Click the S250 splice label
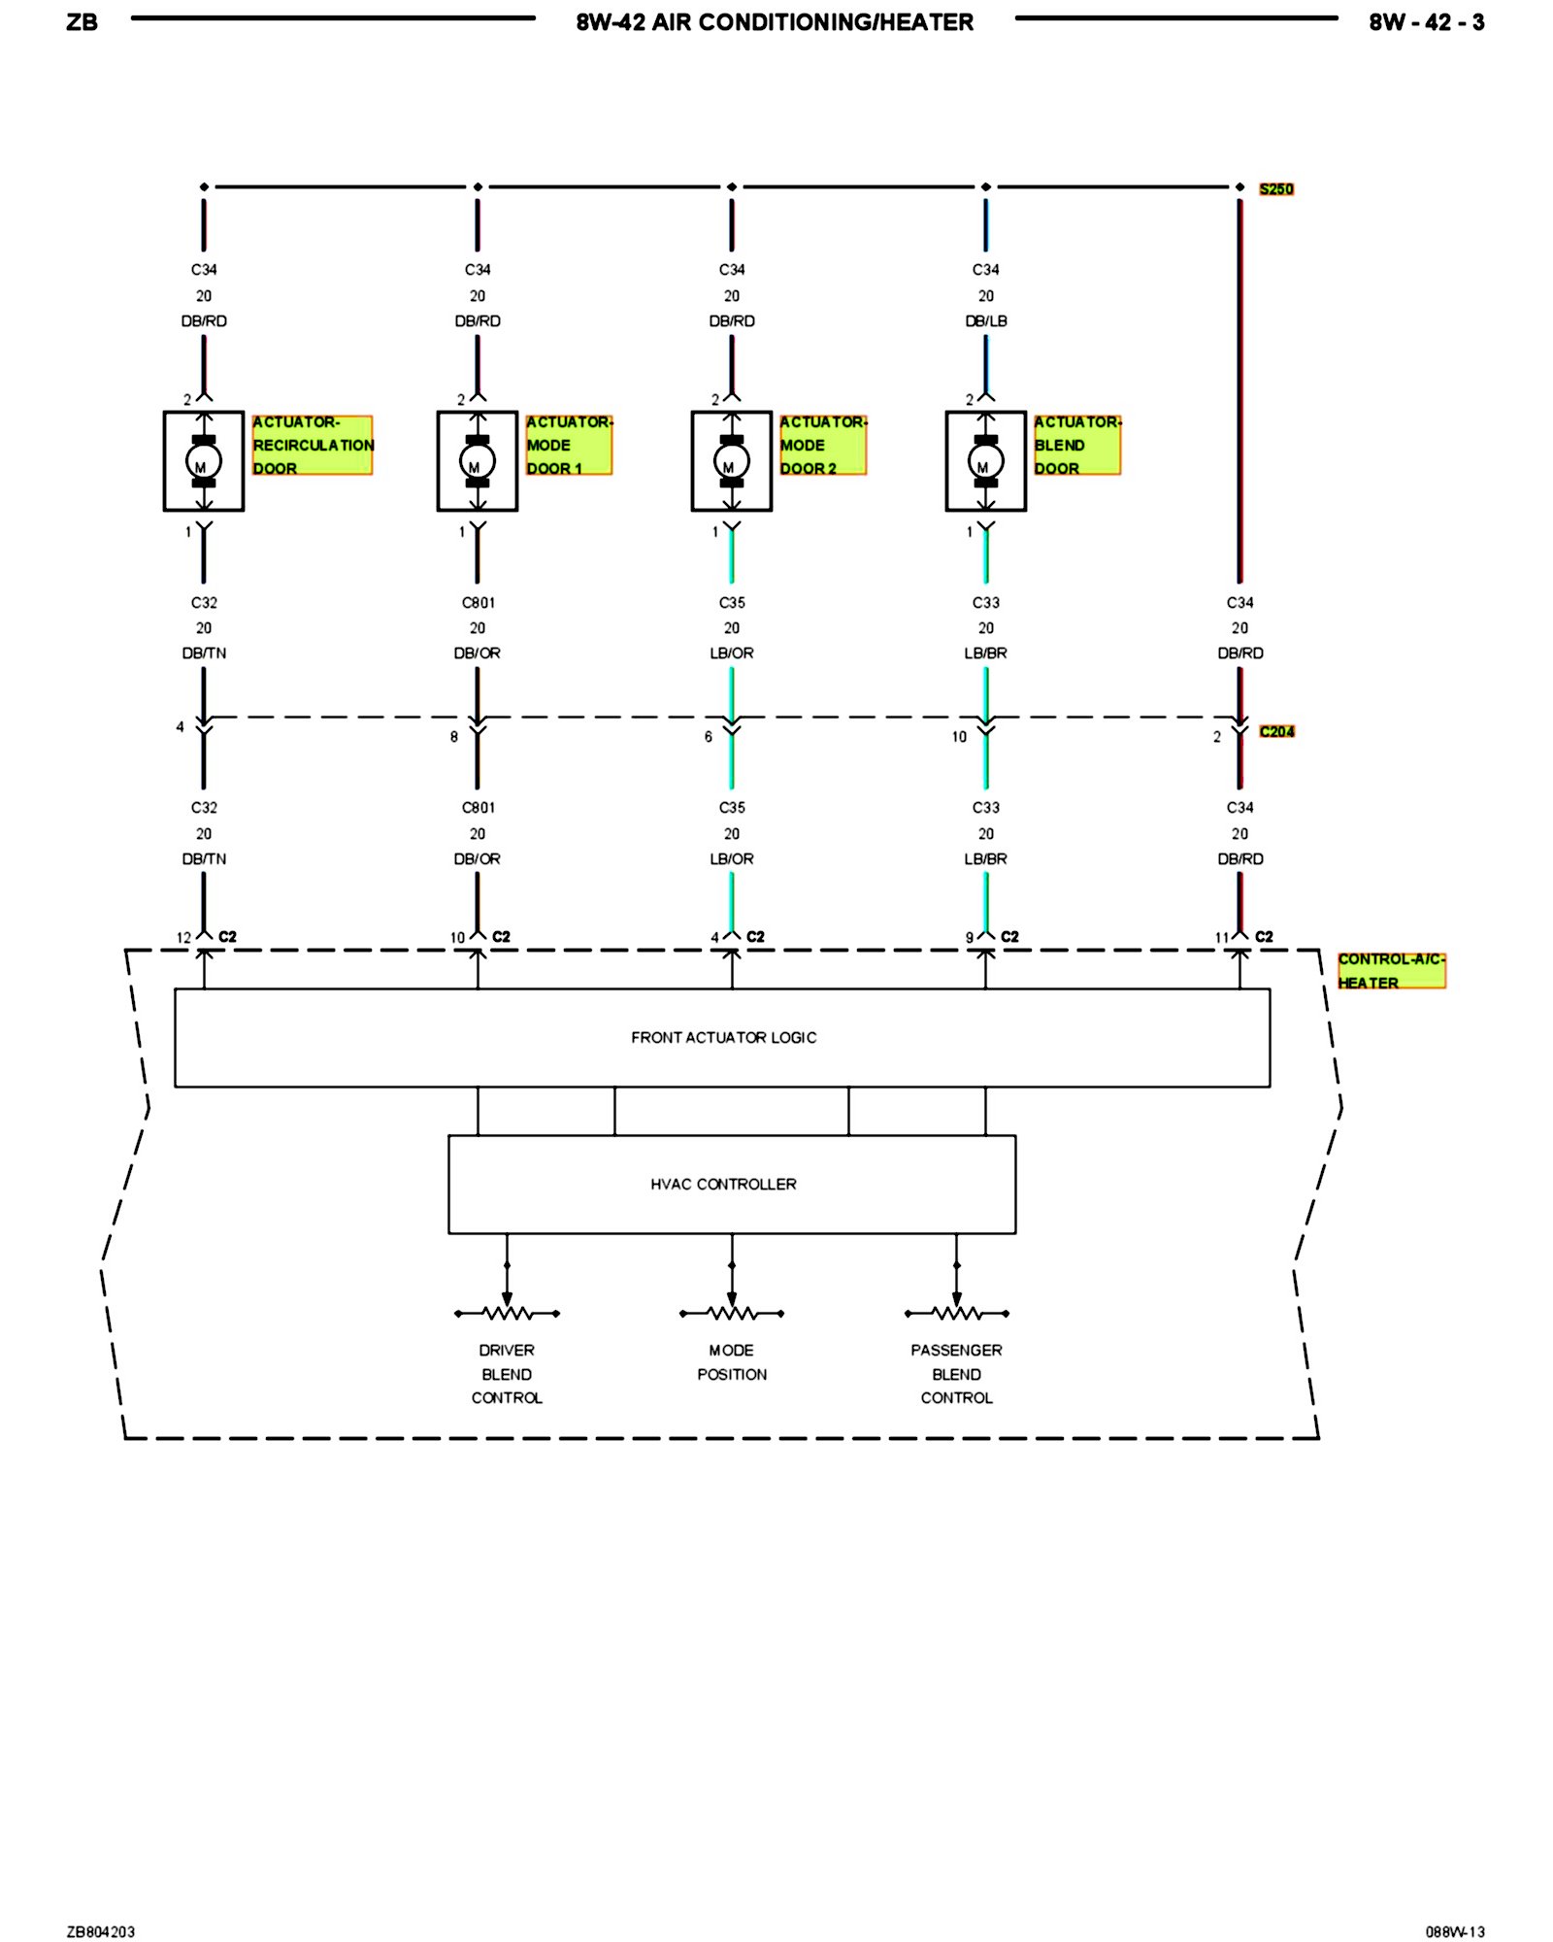pos(1275,188)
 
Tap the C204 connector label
pos(1276,731)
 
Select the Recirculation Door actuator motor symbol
pos(203,461)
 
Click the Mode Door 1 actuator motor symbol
pos(477,461)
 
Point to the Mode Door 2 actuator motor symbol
pos(731,461)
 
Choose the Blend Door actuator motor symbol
pos(985,461)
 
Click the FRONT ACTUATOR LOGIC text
pos(723,1037)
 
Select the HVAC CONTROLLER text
pos(723,1184)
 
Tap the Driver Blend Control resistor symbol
pos(507,1313)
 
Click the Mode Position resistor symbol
pos(731,1313)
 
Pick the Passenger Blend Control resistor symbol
pos(956,1313)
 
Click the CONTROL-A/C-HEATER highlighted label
pos(1391,970)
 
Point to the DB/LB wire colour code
pos(985,320)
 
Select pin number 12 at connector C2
pos(183,937)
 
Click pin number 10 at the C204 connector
pos(959,737)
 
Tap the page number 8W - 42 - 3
pos(1426,22)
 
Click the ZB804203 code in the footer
pos(101,1931)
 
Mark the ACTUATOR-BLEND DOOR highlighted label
pos(1076,445)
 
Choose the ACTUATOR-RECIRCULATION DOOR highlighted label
pos(312,445)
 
